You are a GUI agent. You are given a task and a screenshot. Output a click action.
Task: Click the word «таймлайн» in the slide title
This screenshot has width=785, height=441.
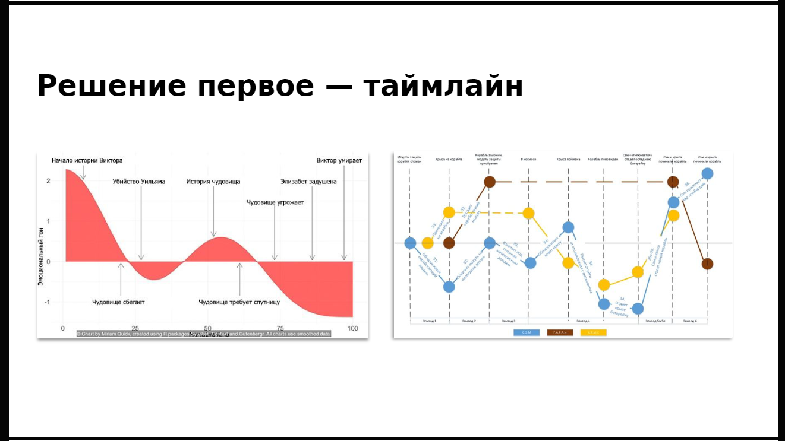click(443, 86)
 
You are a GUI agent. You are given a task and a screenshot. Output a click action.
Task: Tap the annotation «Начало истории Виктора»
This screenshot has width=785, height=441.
click(87, 160)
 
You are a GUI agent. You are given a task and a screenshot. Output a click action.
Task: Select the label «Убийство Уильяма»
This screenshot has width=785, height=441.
click(139, 182)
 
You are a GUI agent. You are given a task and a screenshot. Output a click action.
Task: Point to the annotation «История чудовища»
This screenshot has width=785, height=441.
click(213, 182)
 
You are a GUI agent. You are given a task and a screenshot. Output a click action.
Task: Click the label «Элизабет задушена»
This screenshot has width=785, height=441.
click(308, 182)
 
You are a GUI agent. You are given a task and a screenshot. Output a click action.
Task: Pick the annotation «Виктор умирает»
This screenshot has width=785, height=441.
click(339, 160)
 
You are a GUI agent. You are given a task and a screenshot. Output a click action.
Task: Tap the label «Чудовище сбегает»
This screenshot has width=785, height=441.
click(118, 302)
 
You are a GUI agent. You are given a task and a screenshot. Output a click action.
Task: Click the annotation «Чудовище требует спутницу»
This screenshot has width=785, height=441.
click(239, 302)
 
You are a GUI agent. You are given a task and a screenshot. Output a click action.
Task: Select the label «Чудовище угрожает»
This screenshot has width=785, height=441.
click(275, 202)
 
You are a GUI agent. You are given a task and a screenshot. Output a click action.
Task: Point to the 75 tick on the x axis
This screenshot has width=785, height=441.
click(280, 329)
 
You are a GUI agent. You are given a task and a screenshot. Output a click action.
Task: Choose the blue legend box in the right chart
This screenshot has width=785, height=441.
click(527, 332)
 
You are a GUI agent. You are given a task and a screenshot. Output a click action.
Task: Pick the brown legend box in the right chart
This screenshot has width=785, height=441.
click(560, 332)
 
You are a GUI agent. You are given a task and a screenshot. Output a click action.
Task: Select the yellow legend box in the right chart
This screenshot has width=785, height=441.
click(593, 332)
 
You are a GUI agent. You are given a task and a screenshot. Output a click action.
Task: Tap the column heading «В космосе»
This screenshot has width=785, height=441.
click(528, 159)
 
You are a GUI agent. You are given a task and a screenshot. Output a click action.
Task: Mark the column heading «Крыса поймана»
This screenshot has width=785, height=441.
click(568, 159)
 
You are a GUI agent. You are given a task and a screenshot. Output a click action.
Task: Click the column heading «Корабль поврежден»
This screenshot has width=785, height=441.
click(603, 159)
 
